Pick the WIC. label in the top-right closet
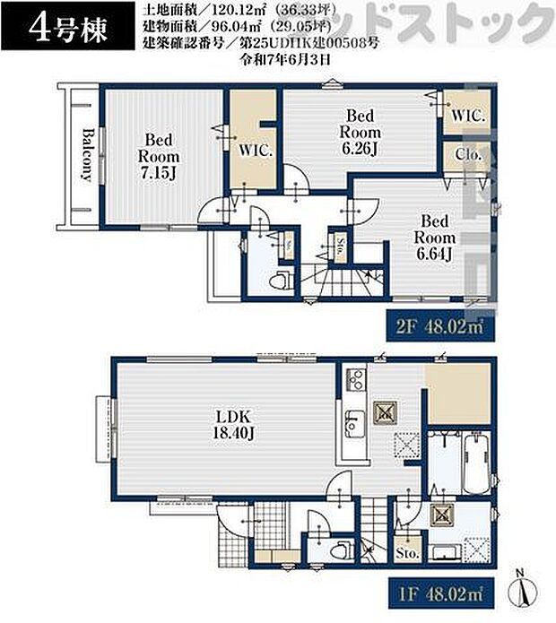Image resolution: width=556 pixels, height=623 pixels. tap(467, 116)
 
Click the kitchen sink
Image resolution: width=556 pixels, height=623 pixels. tap(354, 419)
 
